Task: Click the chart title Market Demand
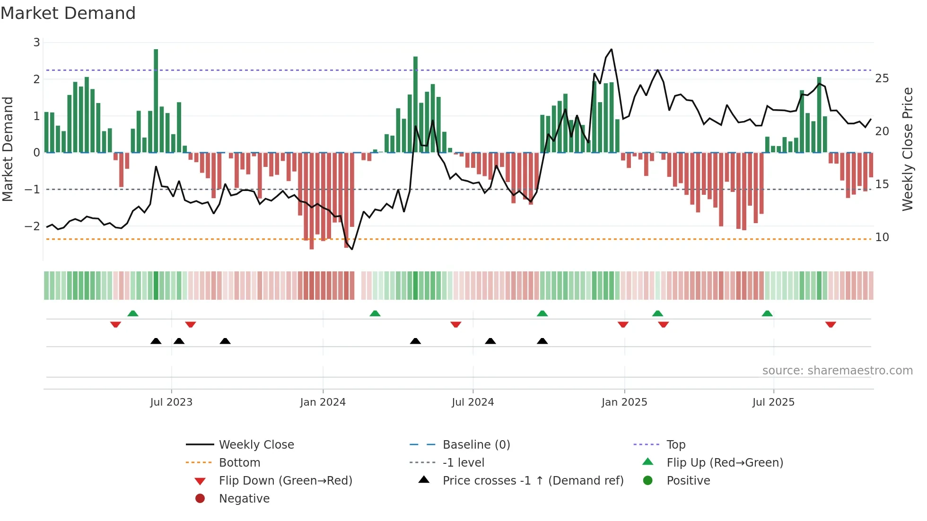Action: tap(68, 13)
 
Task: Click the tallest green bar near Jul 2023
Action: tap(156, 100)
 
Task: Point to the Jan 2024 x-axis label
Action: tap(323, 402)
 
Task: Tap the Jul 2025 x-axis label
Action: tap(773, 402)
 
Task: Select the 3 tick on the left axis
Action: tap(36, 43)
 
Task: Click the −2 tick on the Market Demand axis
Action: tap(33, 226)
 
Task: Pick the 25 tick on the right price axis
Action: tap(882, 78)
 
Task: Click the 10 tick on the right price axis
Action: tap(882, 237)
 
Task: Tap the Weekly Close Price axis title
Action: tap(907, 149)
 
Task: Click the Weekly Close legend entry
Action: tap(256, 445)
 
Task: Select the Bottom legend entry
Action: tap(239, 463)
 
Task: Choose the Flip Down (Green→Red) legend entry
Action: tap(285, 481)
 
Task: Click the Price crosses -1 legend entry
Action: tap(533, 481)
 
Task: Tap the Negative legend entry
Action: tap(244, 499)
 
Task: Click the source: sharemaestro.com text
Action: tap(837, 371)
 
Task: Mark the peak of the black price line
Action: tap(612, 49)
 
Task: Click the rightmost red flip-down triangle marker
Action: tap(831, 324)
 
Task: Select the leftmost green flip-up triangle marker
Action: tap(133, 313)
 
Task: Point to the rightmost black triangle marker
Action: tap(542, 341)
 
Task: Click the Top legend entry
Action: tap(675, 445)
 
